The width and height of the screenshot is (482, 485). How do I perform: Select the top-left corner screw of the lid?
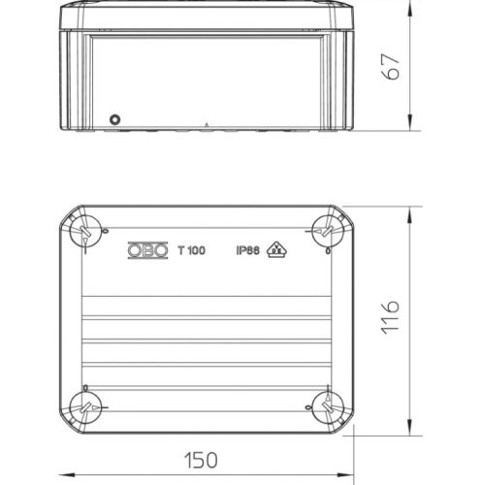(x=85, y=230)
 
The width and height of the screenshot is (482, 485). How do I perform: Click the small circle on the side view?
(x=116, y=119)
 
